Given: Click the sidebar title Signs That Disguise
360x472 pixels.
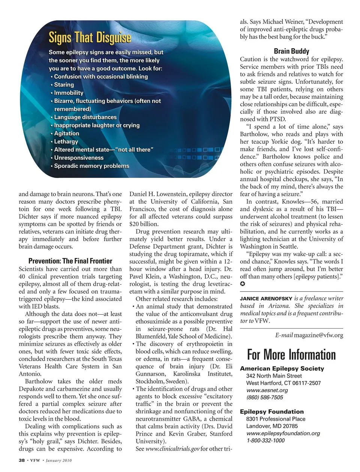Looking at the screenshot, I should pyautogui.click(x=90, y=38).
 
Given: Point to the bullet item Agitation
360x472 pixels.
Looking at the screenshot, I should pyautogui.click(x=66, y=133).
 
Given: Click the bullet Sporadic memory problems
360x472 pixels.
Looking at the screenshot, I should pyautogui.click(x=91, y=166).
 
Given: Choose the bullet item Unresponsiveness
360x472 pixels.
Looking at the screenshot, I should pyautogui.click(x=79, y=158).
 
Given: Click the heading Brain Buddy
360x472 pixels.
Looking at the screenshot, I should pyautogui.click(x=291, y=51).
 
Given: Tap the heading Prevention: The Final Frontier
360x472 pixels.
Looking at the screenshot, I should pyautogui.click(x=70, y=261).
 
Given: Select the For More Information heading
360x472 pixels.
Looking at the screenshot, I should pyautogui.click(x=291, y=354).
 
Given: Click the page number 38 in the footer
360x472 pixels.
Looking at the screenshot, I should pyautogui.click(x=22, y=460).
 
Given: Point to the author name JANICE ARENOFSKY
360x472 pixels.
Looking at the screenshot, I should pyautogui.click(x=266, y=299).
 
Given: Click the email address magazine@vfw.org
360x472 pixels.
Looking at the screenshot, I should pyautogui.click(x=318, y=335).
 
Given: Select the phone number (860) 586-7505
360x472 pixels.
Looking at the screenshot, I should pyautogui.click(x=265, y=397).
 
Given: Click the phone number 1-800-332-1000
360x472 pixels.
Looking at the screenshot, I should pyautogui.click(x=265, y=440).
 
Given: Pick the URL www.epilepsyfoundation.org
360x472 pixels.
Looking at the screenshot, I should pyautogui.click(x=283, y=433).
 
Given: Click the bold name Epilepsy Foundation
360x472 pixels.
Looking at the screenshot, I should pyautogui.click(x=272, y=411).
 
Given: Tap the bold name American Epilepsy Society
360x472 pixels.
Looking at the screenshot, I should pyautogui.click(x=282, y=368).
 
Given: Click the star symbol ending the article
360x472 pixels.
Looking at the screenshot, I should pyautogui.click(x=243, y=284).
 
